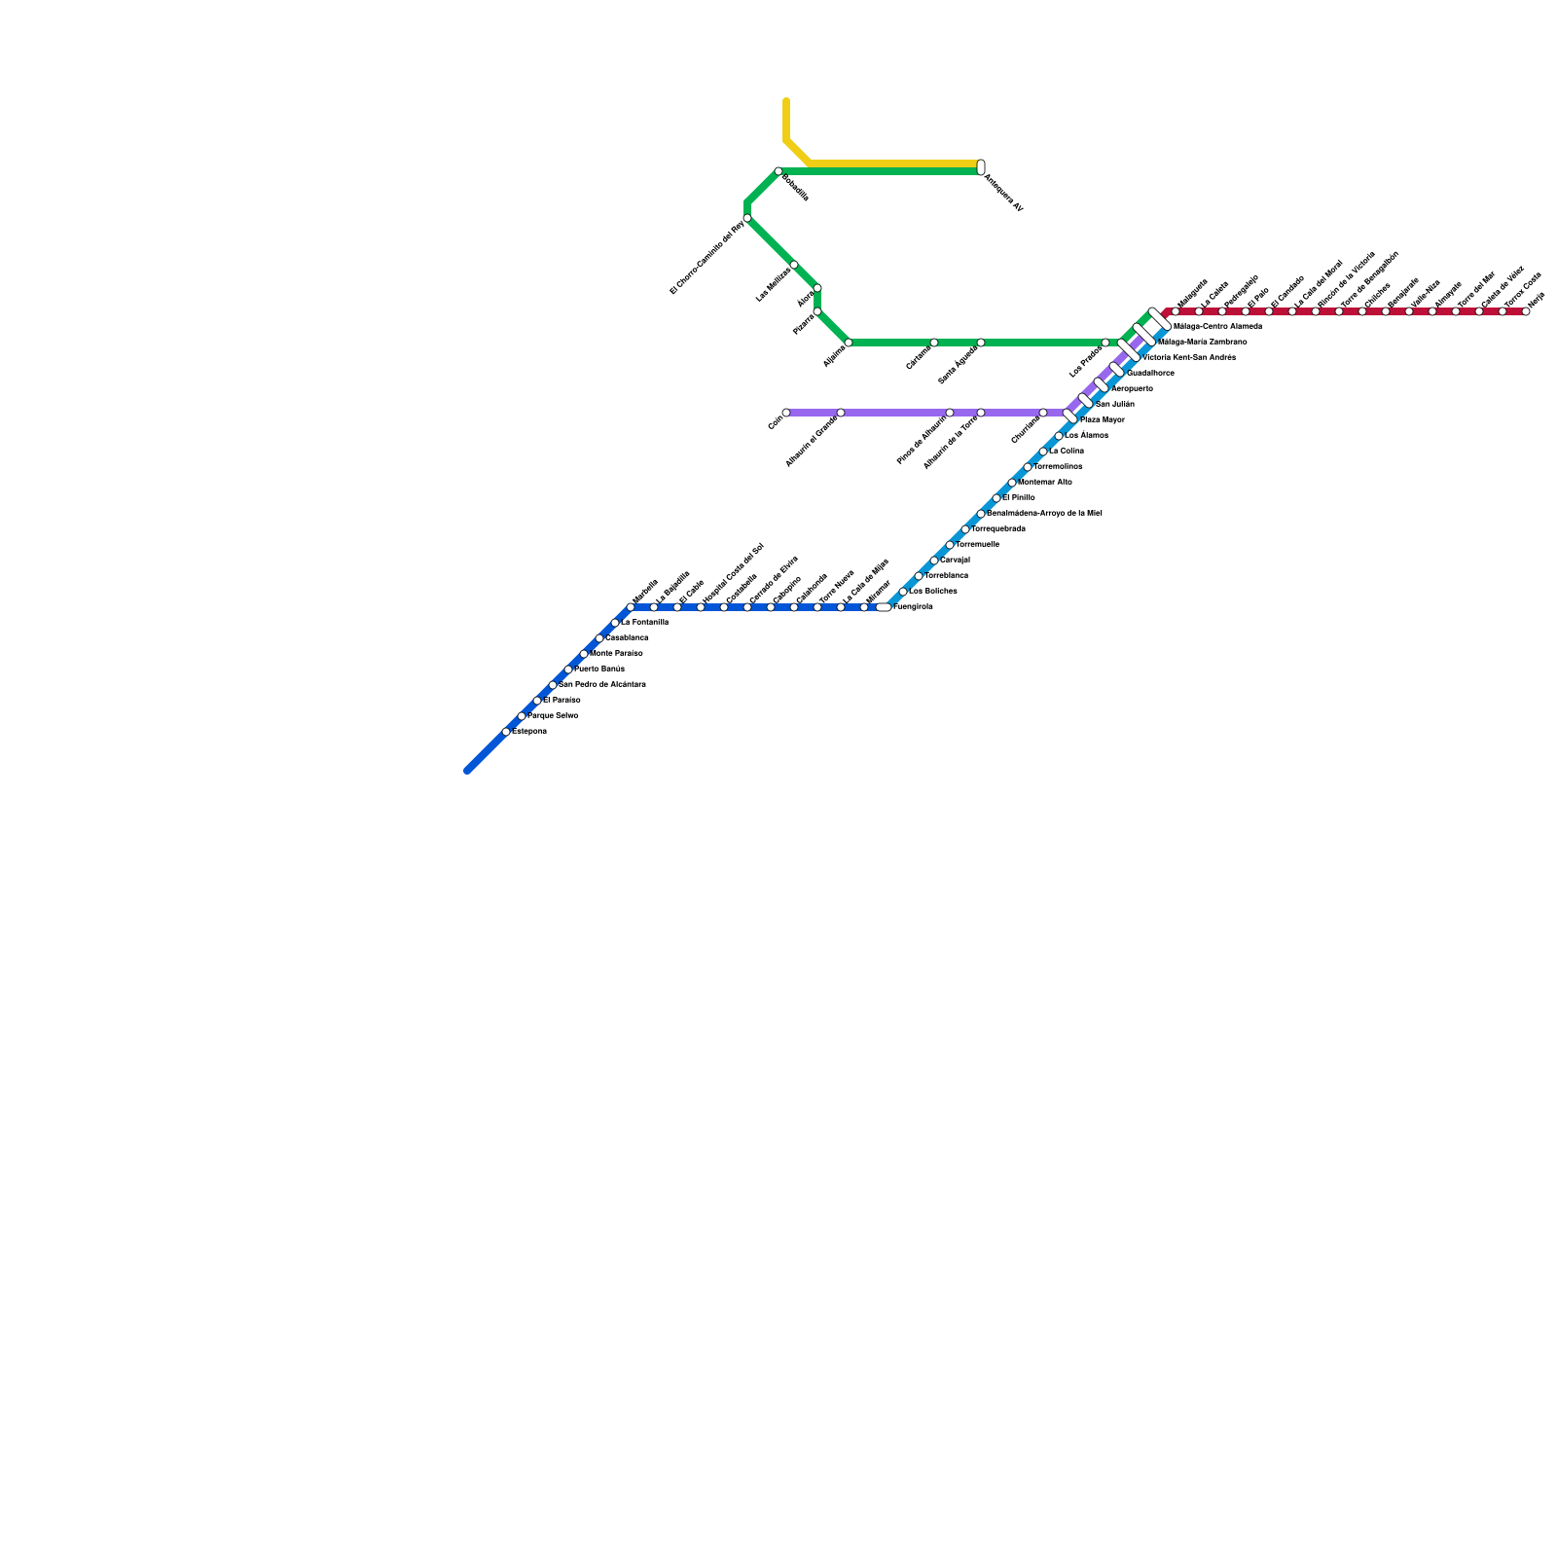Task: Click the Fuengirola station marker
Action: click(884, 607)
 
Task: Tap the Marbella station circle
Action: click(631, 607)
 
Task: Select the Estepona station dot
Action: click(506, 732)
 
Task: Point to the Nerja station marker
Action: click(1526, 311)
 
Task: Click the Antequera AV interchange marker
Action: click(981, 167)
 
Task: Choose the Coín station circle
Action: click(786, 413)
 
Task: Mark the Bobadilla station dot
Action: click(778, 171)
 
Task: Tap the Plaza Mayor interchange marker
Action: click(1070, 416)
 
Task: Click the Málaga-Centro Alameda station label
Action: click(1217, 327)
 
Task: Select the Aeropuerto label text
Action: click(1132, 389)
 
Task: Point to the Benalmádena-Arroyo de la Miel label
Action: click(1044, 513)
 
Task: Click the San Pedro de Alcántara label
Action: click(602, 685)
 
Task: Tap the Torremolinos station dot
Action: click(1028, 467)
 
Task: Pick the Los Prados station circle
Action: click(1105, 343)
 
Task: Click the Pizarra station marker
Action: click(817, 311)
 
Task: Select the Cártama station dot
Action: click(934, 343)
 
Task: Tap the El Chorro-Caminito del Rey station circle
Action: click(747, 218)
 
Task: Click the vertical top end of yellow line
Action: click(786, 101)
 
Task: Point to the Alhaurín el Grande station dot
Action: click(841, 413)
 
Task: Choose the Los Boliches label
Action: click(933, 592)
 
